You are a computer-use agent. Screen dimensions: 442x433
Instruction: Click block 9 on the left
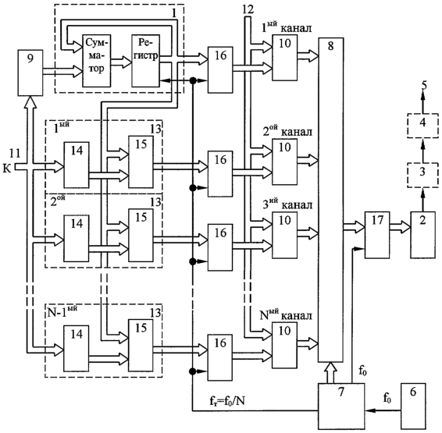(30, 73)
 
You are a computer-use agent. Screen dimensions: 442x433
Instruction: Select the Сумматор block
(96, 61)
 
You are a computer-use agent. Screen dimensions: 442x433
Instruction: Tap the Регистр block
(145, 61)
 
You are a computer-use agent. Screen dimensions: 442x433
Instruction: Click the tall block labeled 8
(331, 200)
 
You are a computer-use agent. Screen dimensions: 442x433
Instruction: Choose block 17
(377, 235)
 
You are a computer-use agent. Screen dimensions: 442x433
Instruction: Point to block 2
(422, 235)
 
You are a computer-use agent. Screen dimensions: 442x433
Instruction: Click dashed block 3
(422, 175)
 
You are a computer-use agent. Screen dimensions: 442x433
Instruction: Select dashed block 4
(422, 126)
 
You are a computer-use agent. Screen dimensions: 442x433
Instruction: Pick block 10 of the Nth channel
(284, 345)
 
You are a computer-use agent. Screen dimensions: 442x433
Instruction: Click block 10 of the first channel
(284, 58)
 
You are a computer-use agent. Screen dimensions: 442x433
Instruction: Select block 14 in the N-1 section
(77, 349)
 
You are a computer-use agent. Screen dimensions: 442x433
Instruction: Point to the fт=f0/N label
(227, 401)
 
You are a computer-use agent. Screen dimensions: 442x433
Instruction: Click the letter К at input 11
(7, 169)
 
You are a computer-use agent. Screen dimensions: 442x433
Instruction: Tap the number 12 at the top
(248, 9)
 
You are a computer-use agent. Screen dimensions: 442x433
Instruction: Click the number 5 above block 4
(424, 85)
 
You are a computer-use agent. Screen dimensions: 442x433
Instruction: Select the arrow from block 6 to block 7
(383, 410)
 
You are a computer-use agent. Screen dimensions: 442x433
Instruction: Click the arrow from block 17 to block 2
(400, 227)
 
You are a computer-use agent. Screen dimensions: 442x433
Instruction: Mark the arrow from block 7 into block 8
(330, 372)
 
